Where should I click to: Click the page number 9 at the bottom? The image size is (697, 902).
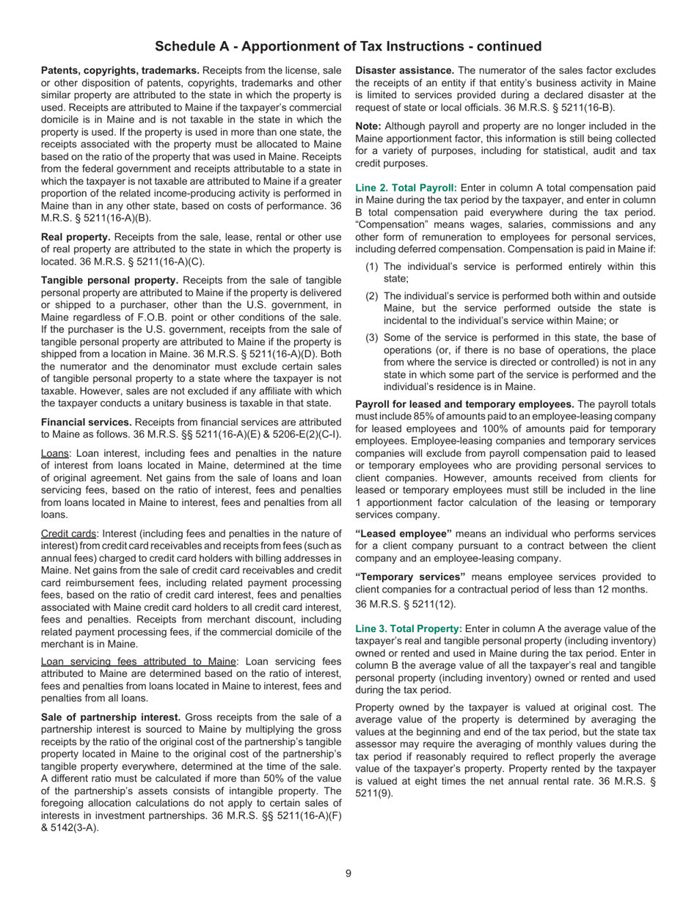pos(348,873)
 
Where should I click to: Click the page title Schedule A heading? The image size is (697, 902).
pos(348,47)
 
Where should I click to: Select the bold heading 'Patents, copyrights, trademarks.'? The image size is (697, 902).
pos(120,70)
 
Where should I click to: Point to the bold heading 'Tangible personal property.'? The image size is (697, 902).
pos(110,280)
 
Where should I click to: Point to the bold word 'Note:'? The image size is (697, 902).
pos(369,126)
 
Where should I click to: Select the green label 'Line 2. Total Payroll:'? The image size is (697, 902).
pos(406,188)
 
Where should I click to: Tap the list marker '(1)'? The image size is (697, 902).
pos(372,267)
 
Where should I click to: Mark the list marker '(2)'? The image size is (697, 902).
pos(372,296)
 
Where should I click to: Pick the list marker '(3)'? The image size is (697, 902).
pos(372,337)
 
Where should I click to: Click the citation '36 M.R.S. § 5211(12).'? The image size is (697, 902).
pos(405,604)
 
